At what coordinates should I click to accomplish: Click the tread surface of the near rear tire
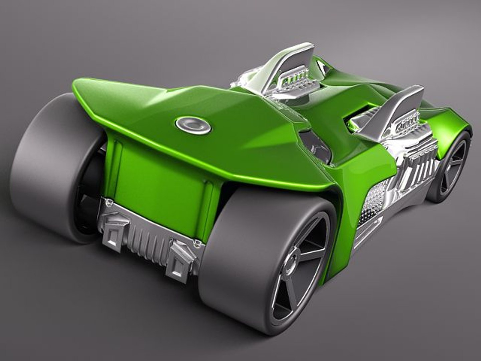coord(234,247)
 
